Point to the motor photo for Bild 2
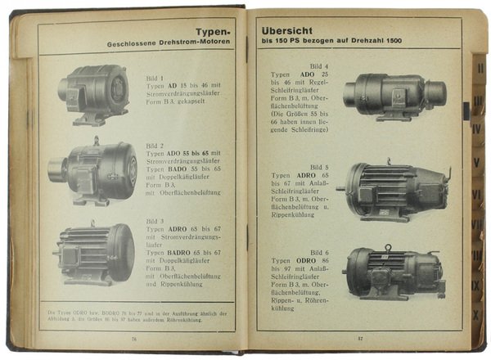(x=93, y=171)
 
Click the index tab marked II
(x=480, y=69)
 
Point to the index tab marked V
(x=477, y=150)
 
